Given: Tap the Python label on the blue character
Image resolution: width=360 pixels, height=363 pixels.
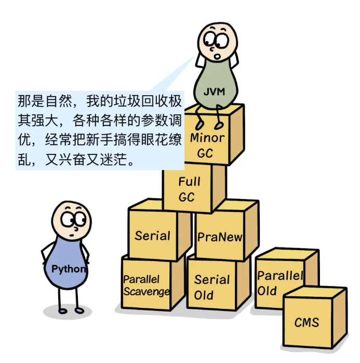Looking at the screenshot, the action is coord(69,269).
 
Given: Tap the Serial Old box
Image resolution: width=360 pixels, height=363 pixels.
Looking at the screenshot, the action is coord(211,287).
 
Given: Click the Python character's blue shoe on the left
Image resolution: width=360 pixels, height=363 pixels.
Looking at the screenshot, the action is coord(61,310).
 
